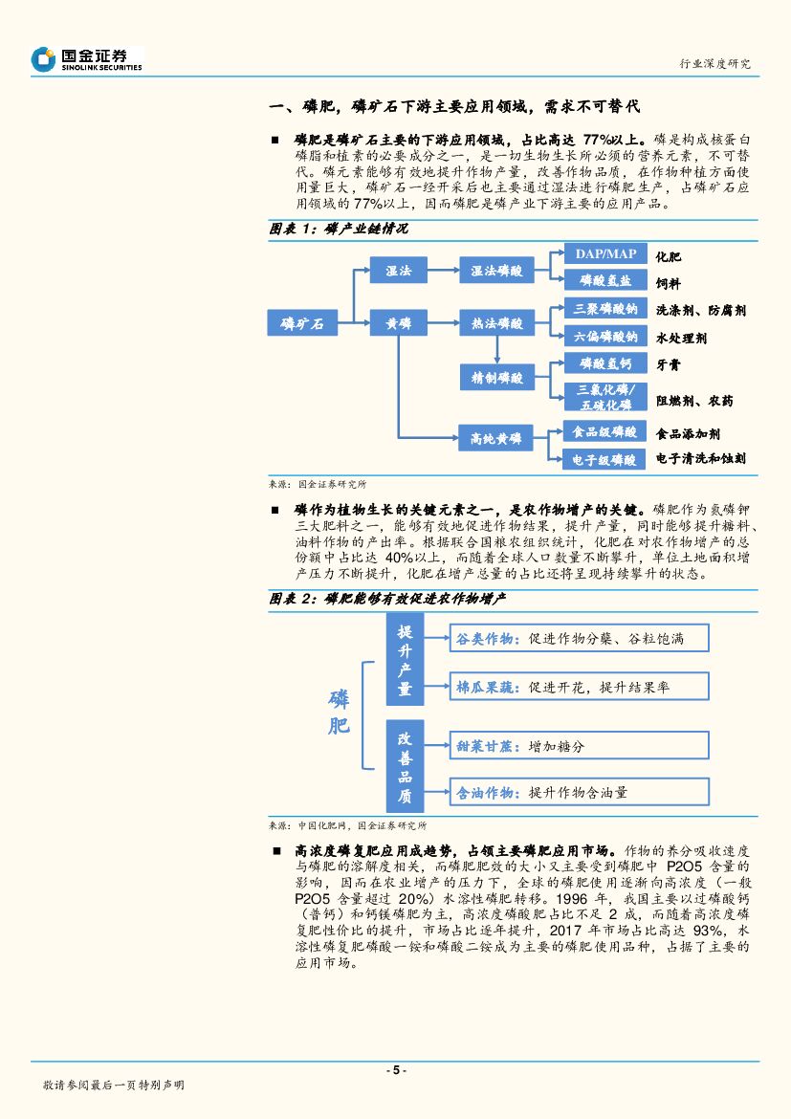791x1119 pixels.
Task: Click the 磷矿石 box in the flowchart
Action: click(302, 324)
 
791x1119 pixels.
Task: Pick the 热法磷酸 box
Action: click(496, 324)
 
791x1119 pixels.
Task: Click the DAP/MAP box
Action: click(604, 253)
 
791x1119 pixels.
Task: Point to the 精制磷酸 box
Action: click(496, 378)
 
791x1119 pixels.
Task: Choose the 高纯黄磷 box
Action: click(496, 439)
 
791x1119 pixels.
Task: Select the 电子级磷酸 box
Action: click(604, 460)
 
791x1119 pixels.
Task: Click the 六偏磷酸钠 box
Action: click(604, 337)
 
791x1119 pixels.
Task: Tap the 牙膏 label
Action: click(669, 364)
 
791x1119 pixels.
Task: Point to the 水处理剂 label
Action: click(681, 339)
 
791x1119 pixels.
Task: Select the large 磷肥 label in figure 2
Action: click(339, 712)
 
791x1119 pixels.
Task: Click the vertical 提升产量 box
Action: click(405, 660)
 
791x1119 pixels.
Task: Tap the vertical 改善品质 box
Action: click(405, 765)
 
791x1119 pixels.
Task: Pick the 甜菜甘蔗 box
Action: click(579, 744)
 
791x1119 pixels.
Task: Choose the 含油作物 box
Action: click(579, 792)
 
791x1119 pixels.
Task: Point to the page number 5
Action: click(395, 1070)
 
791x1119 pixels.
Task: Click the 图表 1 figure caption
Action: click(340, 230)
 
